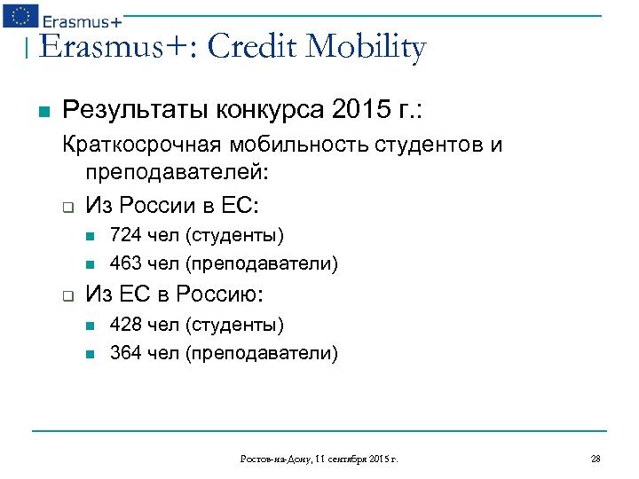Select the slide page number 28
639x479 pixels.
pyautogui.click(x=596, y=459)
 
